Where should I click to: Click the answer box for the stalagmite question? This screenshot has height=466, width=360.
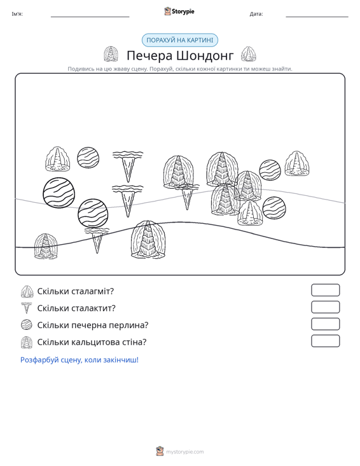point(325,290)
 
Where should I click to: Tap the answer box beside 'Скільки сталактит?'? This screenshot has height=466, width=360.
point(325,307)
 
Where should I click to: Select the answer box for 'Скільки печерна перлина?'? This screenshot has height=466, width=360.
point(325,324)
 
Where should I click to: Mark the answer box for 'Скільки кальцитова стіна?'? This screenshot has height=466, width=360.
point(325,341)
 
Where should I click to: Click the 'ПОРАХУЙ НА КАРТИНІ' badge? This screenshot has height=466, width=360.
point(180,40)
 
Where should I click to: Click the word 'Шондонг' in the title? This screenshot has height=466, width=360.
point(205,55)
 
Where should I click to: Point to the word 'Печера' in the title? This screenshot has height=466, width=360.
point(149,55)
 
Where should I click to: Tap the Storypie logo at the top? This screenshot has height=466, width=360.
point(179,11)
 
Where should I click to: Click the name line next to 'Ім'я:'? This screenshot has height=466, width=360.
point(90,17)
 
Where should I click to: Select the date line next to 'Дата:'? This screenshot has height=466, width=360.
point(317,17)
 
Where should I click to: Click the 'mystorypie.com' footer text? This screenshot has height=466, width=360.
point(184,452)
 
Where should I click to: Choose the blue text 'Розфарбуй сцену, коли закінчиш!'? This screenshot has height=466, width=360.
point(80,360)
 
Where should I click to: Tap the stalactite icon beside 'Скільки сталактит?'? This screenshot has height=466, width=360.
point(27,308)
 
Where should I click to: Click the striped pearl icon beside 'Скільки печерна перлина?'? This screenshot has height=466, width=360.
point(27,324)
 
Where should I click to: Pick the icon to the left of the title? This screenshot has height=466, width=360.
point(111,54)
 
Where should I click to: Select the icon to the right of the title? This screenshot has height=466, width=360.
point(248,54)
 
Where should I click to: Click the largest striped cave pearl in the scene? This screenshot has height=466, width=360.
point(59,193)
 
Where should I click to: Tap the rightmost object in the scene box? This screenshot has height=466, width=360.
point(296,163)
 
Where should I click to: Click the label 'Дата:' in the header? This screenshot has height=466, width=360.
point(256,14)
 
